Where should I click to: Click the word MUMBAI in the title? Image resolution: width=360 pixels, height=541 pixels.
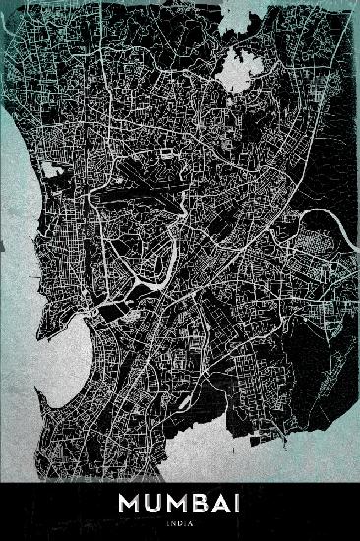(180, 504)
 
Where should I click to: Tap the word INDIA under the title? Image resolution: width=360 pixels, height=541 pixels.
(180, 522)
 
